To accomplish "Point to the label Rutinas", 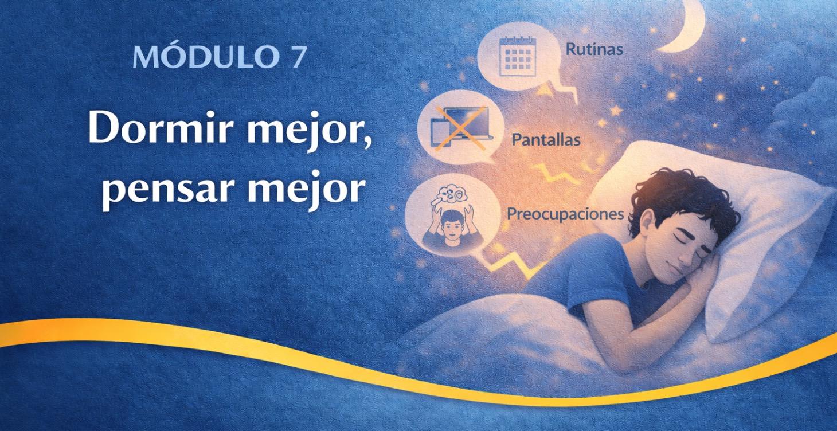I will click(x=594, y=49).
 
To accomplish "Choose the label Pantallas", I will click(x=545, y=139).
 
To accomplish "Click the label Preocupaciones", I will click(x=565, y=214).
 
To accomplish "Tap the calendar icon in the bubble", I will click(x=517, y=56).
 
